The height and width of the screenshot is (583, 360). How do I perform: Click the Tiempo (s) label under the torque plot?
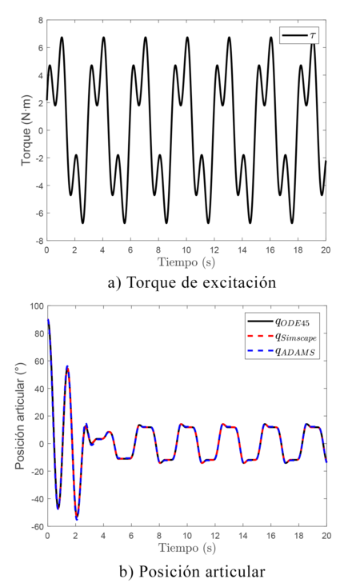point(186,262)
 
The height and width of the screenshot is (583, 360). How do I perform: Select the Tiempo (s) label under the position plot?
point(186,549)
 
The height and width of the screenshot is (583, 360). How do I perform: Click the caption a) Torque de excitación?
point(186,282)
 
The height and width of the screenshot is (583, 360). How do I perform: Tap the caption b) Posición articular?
point(186,571)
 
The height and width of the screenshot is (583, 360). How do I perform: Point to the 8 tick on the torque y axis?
point(39,20)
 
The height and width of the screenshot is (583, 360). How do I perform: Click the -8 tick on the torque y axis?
point(37,240)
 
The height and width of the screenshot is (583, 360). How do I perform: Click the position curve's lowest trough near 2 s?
point(77,519)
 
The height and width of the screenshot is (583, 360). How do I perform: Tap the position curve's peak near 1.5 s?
point(67,366)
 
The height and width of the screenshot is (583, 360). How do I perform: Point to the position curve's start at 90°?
point(48,320)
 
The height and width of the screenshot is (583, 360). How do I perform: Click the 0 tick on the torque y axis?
point(39,130)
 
